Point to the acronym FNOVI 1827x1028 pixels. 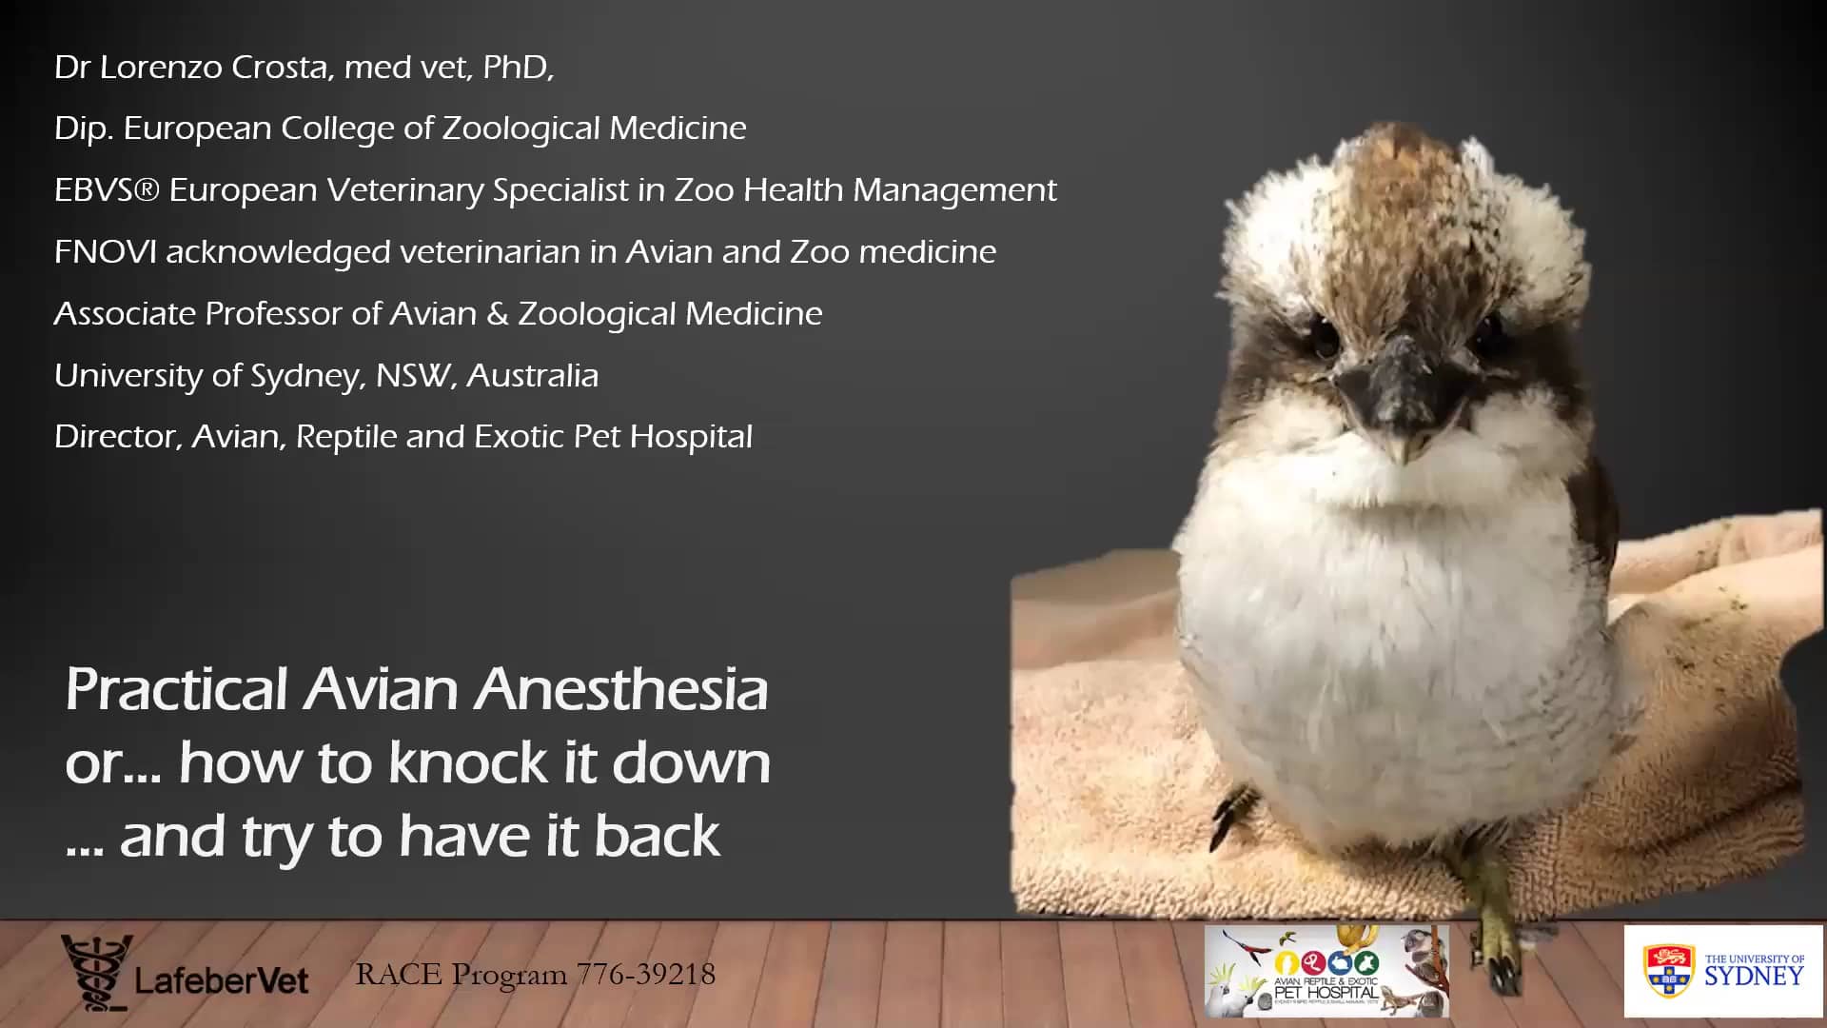click(106, 252)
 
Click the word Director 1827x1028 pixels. click(116, 437)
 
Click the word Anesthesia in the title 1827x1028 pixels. click(620, 689)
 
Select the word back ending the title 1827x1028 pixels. click(657, 837)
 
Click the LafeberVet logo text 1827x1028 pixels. click(222, 981)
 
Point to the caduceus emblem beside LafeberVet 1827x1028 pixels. click(96, 972)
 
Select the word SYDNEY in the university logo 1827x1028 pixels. click(1753, 977)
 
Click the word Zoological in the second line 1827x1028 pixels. click(521, 128)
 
